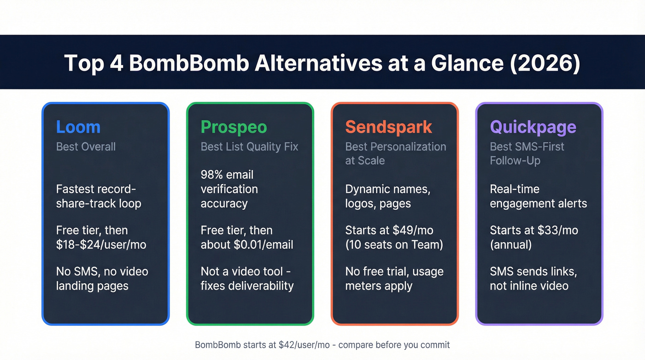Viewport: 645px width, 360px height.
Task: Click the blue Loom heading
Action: coord(78,127)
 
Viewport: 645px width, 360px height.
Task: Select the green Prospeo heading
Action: coord(234,127)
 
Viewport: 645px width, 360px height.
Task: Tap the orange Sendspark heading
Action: coord(388,127)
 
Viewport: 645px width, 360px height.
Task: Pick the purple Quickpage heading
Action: coord(533,127)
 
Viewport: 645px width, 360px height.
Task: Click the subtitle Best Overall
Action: coord(86,147)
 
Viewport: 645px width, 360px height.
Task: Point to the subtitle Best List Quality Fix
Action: coord(249,147)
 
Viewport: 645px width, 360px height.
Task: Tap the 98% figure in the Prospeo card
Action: coord(211,175)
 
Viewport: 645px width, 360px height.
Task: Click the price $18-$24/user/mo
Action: coord(101,244)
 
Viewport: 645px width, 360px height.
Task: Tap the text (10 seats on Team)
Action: coord(394,244)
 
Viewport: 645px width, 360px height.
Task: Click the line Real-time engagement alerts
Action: coord(538,196)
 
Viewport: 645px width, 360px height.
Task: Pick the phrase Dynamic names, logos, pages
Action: coord(387,196)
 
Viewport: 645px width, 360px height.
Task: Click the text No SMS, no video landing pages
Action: coord(102,278)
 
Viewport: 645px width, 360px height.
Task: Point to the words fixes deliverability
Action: coord(247,285)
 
